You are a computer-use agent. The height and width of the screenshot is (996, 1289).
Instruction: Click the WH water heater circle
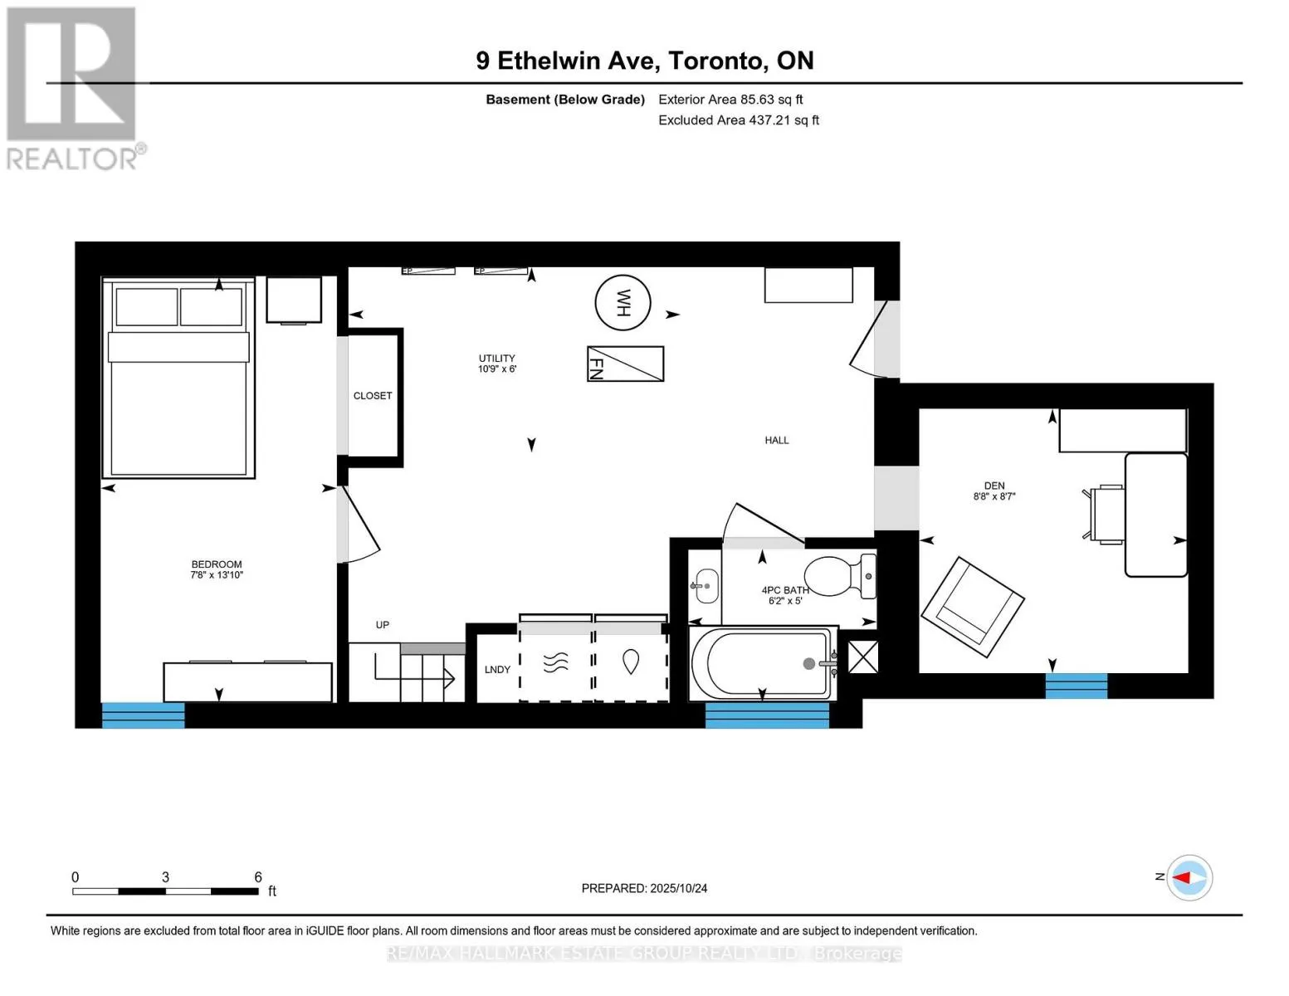pos(623,303)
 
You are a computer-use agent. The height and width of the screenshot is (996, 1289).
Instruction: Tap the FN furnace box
pos(625,364)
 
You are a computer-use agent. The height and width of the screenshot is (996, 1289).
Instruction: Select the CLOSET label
pos(373,396)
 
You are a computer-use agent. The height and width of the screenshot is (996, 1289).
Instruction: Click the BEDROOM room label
pos(217,564)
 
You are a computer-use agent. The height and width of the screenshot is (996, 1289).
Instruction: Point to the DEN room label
pos(994,486)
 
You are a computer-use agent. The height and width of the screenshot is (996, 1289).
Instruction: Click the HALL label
pos(777,440)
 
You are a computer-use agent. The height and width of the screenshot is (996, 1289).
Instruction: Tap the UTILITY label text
pos(497,359)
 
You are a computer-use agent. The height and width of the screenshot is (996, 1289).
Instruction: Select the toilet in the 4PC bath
pos(840,575)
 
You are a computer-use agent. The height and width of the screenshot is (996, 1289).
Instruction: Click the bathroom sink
pos(706,586)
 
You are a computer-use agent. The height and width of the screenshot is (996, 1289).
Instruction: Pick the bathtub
pos(763,663)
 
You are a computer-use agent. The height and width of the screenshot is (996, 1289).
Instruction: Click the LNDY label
pos(497,669)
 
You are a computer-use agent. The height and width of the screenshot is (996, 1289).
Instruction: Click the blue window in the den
pos(1076,686)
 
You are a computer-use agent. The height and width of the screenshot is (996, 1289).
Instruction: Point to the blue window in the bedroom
pos(143,715)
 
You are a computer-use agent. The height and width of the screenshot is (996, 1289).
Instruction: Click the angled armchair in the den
pos(972,607)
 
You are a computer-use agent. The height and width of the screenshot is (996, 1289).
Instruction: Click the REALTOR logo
pos(74,89)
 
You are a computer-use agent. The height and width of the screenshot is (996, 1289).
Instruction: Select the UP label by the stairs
pos(382,625)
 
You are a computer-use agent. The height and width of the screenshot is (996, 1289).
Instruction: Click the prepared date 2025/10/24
pos(679,888)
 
